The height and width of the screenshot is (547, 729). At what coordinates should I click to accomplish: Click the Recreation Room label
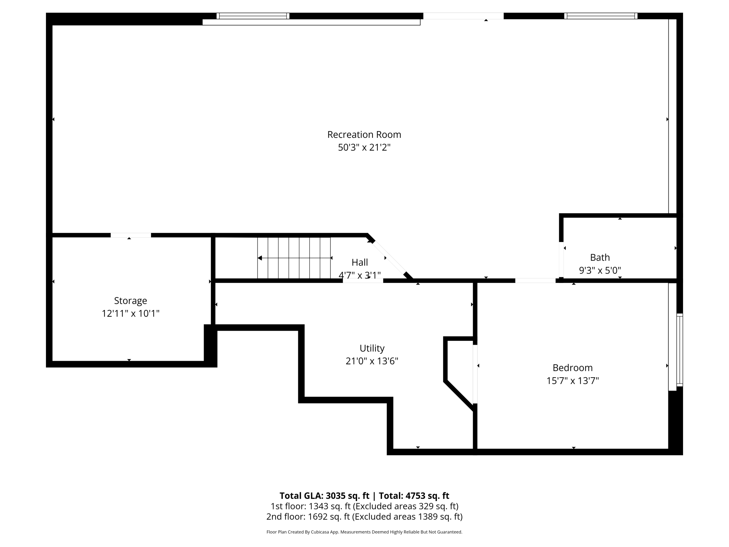pyautogui.click(x=364, y=135)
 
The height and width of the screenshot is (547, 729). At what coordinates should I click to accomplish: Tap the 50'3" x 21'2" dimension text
pyautogui.click(x=364, y=148)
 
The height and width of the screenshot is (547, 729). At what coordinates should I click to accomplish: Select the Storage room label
pyautogui.click(x=130, y=300)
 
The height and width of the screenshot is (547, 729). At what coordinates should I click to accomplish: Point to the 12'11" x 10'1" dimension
pyautogui.click(x=130, y=313)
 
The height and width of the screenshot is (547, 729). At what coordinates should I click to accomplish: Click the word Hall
pyautogui.click(x=360, y=262)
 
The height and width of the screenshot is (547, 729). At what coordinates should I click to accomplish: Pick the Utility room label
pyautogui.click(x=372, y=348)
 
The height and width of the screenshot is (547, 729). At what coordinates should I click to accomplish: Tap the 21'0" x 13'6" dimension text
pyautogui.click(x=372, y=361)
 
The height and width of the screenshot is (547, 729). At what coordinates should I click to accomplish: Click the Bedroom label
pyautogui.click(x=572, y=368)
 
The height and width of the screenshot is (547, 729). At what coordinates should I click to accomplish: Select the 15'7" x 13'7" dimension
pyautogui.click(x=572, y=381)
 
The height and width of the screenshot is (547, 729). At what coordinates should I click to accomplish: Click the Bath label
pyautogui.click(x=600, y=257)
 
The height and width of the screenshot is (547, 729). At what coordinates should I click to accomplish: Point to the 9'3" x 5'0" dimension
pyautogui.click(x=600, y=270)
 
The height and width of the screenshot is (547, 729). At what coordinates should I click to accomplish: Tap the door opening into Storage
pyautogui.click(x=131, y=235)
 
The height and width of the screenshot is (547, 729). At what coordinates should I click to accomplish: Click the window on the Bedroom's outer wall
pyautogui.click(x=680, y=350)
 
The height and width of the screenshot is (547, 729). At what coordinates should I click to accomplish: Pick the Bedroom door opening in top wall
pyautogui.click(x=535, y=281)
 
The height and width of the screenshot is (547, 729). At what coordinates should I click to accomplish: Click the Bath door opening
pyautogui.click(x=561, y=259)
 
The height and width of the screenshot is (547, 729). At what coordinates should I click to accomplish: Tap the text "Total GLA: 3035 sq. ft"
pyautogui.click(x=324, y=495)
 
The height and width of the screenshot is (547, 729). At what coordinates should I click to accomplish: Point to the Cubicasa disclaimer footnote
pyautogui.click(x=364, y=532)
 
